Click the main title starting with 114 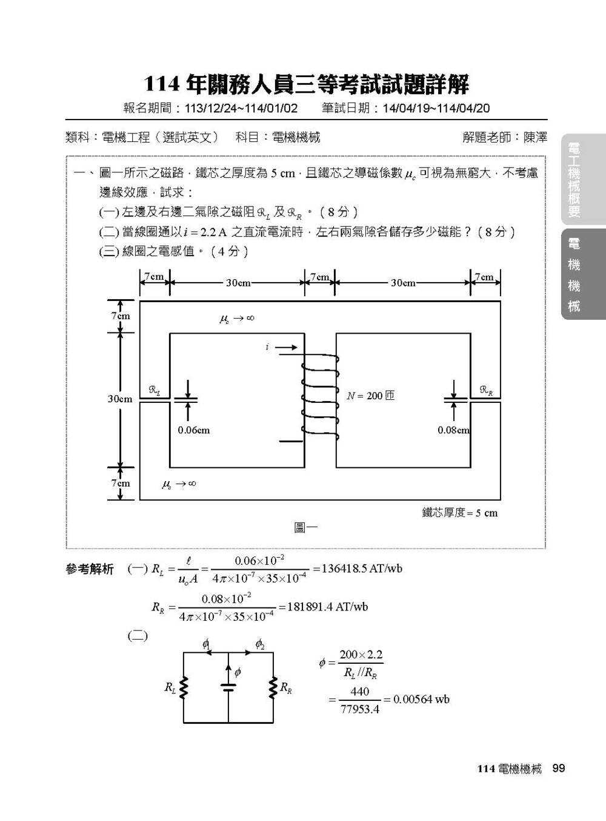tap(306, 84)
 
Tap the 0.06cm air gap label tap(193, 430)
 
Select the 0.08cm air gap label tap(453, 430)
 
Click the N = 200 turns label tap(370, 396)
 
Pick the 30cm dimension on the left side tap(120, 399)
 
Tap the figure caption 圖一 tap(305, 527)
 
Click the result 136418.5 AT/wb tap(357, 569)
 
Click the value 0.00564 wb tap(421, 699)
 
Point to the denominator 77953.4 tap(359, 709)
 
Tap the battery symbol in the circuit tap(228, 688)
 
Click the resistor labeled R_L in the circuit tap(184, 688)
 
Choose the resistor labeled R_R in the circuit tap(273, 688)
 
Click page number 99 tap(558, 768)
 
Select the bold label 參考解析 tap(90, 569)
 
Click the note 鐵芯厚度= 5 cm tap(459, 513)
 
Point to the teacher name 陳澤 tap(535, 138)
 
